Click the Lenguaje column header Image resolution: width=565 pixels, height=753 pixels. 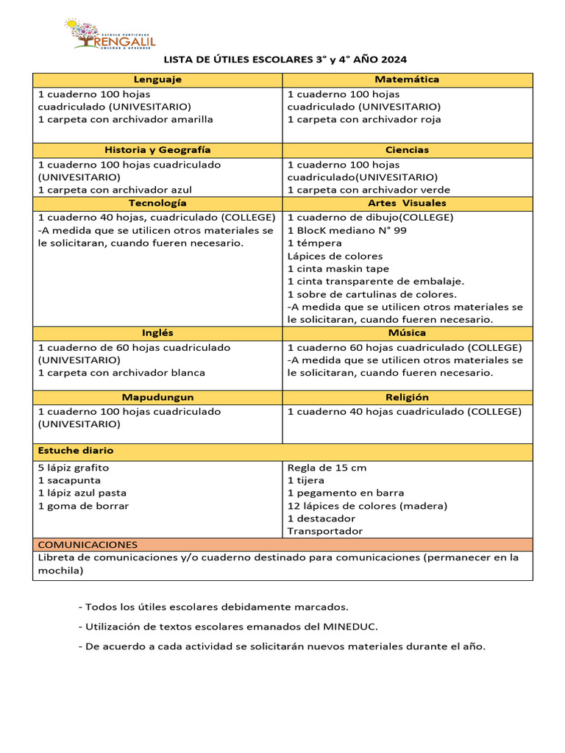(x=157, y=79)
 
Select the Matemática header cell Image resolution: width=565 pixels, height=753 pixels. (x=407, y=79)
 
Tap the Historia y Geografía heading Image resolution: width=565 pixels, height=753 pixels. (x=157, y=150)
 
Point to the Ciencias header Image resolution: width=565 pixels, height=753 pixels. (x=407, y=150)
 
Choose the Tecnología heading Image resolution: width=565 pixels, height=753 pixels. (x=157, y=203)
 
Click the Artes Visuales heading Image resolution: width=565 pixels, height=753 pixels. (x=407, y=203)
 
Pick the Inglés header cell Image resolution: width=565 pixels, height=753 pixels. (x=157, y=333)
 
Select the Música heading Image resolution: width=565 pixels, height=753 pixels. (x=407, y=333)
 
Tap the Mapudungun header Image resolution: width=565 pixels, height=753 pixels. (x=157, y=397)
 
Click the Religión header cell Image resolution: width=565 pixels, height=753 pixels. (x=407, y=397)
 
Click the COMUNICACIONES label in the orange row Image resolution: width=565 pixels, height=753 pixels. (x=88, y=544)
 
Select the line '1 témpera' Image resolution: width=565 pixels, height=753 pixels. (x=314, y=243)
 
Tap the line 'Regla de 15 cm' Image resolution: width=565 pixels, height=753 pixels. (x=327, y=468)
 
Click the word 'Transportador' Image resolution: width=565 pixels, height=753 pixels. (x=324, y=531)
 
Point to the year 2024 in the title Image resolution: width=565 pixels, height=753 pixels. (x=392, y=59)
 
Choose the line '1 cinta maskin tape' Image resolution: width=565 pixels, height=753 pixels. (x=338, y=269)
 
